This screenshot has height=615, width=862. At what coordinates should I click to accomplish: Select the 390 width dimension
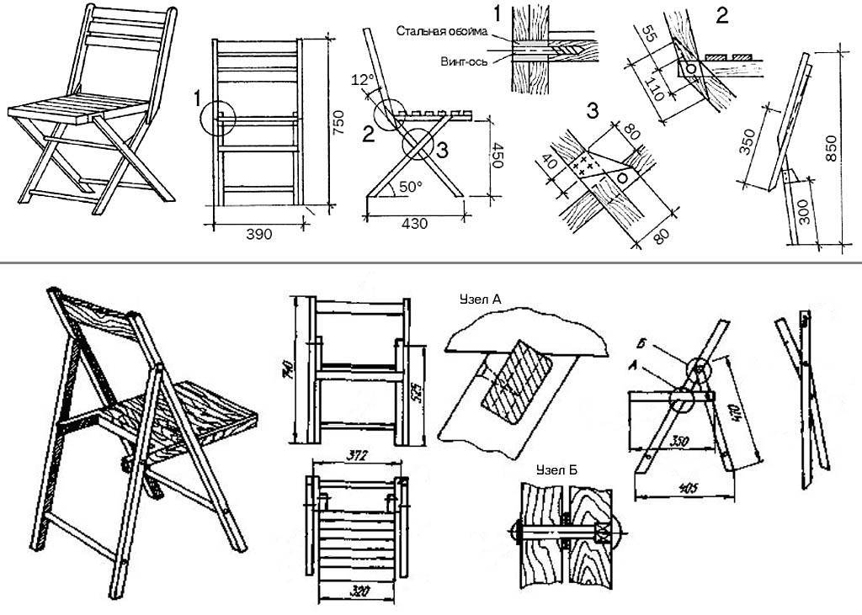[258, 235]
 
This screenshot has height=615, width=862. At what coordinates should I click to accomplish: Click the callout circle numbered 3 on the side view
[418, 148]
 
